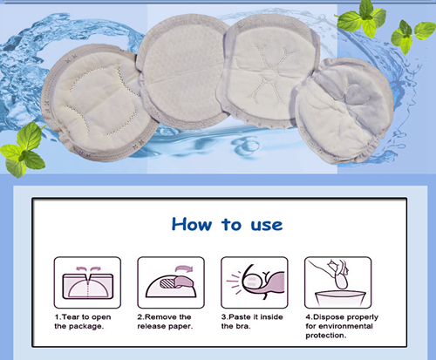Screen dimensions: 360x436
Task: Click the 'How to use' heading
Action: tap(226, 224)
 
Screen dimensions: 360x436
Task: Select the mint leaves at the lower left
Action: tap(26, 148)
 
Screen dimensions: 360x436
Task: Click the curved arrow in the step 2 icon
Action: tap(184, 263)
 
